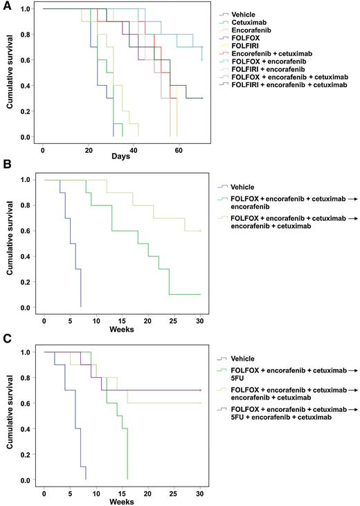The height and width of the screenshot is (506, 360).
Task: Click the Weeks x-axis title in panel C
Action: click(x=122, y=501)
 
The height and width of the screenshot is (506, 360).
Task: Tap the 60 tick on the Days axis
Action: click(x=179, y=150)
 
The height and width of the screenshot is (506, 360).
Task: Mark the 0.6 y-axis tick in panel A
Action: click(x=26, y=60)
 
